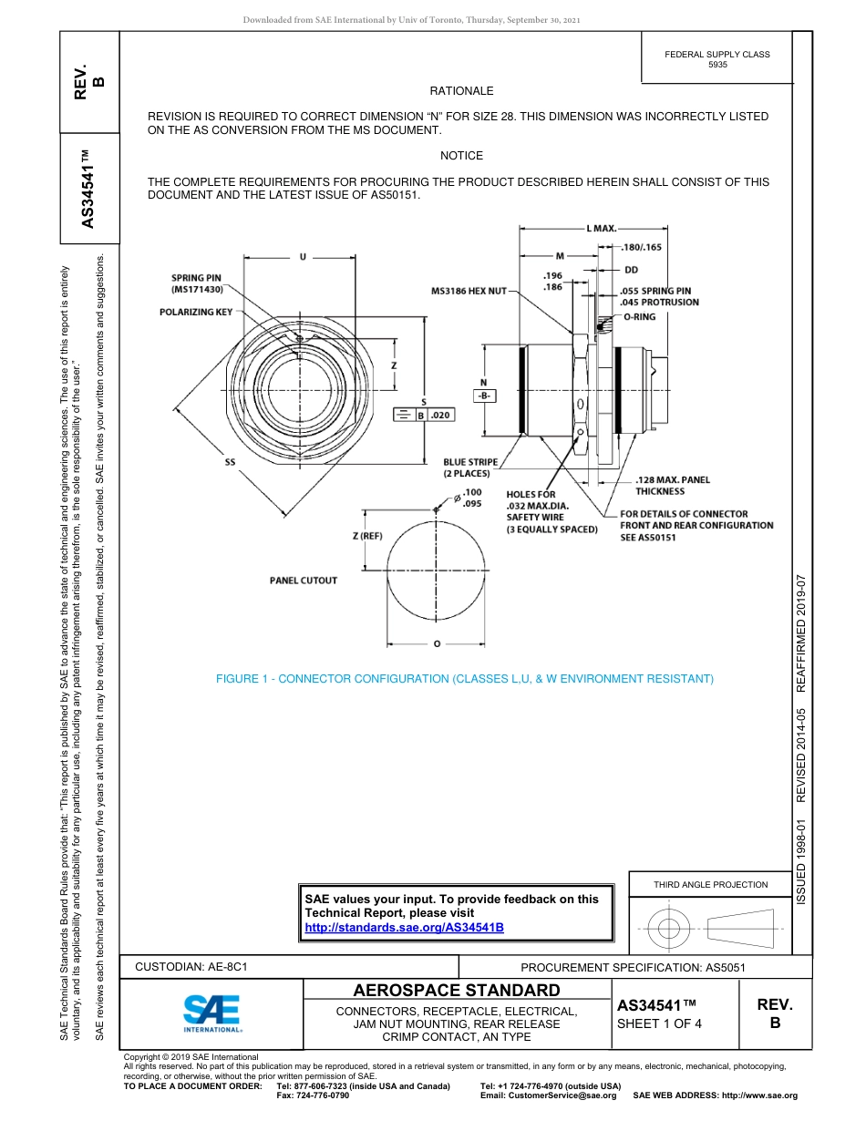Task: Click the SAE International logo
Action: (x=211, y=1012)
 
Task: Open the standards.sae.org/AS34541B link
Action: (x=403, y=927)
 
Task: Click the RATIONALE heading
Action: (x=461, y=91)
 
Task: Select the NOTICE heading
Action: (x=461, y=156)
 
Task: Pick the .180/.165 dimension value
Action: (x=642, y=247)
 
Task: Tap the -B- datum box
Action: (x=484, y=396)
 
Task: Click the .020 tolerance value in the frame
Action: (x=440, y=416)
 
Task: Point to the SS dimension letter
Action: (x=230, y=462)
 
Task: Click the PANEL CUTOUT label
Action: (x=304, y=581)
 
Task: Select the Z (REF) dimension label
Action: (x=367, y=536)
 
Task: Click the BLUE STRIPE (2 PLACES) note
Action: (x=470, y=468)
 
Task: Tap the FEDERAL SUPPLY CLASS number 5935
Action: (x=717, y=65)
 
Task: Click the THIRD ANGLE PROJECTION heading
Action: (x=710, y=884)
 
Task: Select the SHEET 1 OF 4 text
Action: (x=660, y=1023)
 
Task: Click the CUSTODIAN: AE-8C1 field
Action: (x=191, y=966)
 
